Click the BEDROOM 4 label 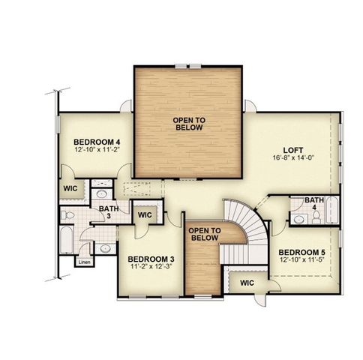(x=97, y=142)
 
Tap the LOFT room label (x=292, y=149)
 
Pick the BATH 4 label (x=315, y=203)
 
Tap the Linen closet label (x=84, y=262)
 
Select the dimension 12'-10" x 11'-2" (x=97, y=150)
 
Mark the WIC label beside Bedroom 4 (x=71, y=188)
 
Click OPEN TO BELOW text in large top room (x=190, y=124)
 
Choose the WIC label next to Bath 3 (x=145, y=214)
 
